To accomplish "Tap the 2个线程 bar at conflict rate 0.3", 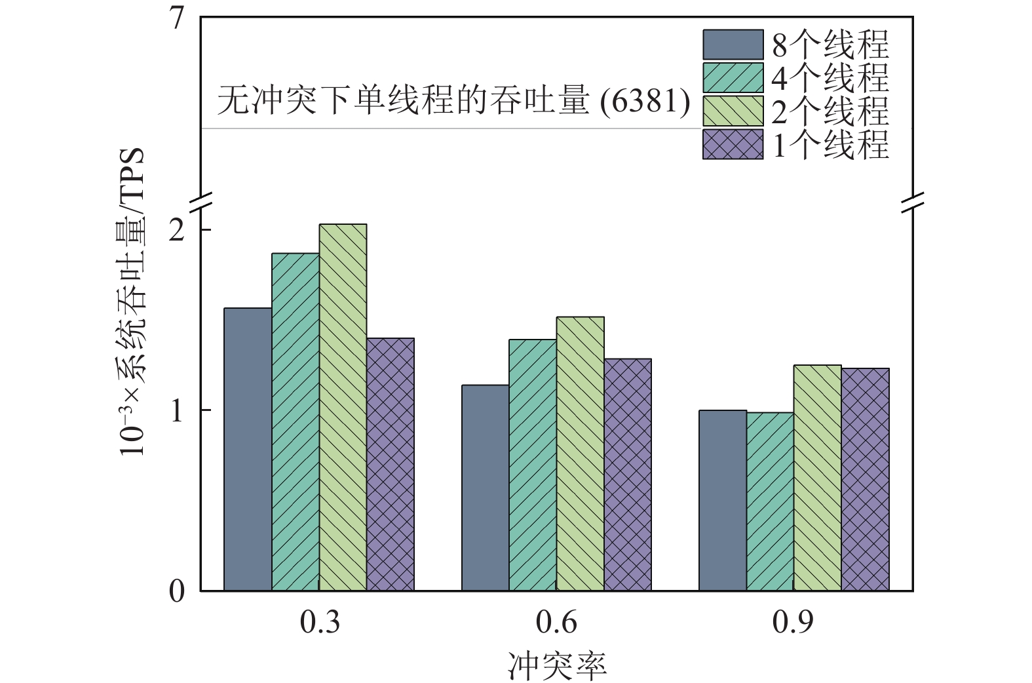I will (x=343, y=407).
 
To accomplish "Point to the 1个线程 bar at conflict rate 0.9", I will (x=865, y=479).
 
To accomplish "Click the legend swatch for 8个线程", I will (x=733, y=45).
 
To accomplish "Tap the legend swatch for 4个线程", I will (x=733, y=77).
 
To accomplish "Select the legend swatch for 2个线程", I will (x=733, y=111).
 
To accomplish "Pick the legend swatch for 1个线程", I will (x=733, y=144).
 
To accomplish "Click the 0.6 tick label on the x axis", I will (x=556, y=622).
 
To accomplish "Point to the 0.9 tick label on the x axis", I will (x=793, y=622).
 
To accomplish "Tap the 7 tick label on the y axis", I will (x=177, y=20).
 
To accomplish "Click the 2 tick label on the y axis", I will (x=177, y=231).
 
